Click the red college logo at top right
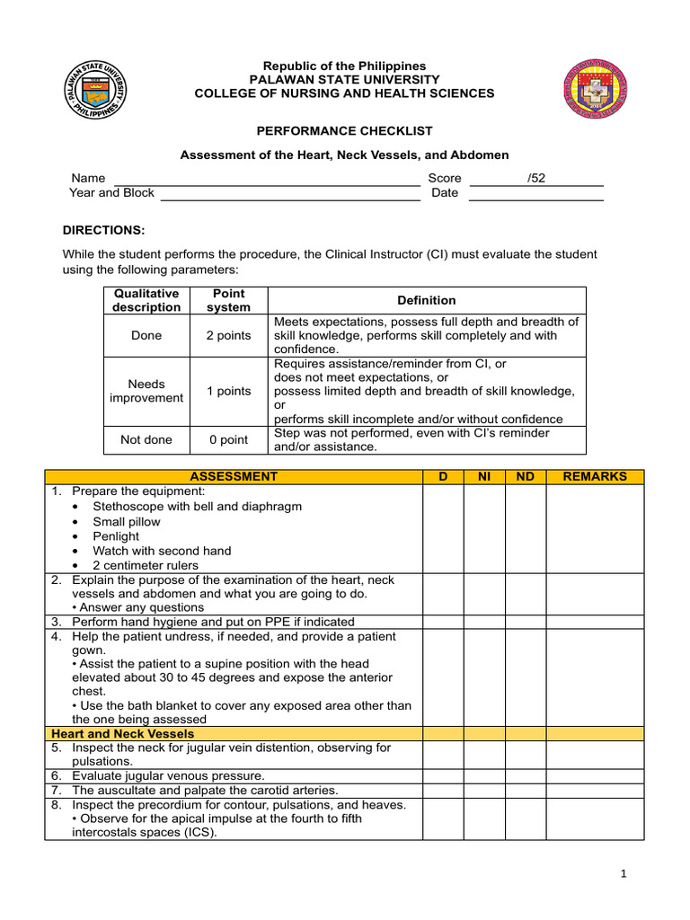[x=595, y=88]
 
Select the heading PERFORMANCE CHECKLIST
[x=345, y=130]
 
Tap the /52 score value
[x=536, y=178]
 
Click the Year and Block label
[x=111, y=193]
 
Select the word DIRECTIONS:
[x=103, y=230]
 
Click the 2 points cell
[x=229, y=335]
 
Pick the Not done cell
[x=146, y=440]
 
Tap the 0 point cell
[x=229, y=440]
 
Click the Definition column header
[x=427, y=300]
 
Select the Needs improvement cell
[x=146, y=391]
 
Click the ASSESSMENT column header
[x=234, y=476]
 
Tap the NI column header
[x=484, y=476]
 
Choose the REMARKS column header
[x=595, y=476]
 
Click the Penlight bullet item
[x=117, y=536]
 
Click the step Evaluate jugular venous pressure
[x=169, y=775]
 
